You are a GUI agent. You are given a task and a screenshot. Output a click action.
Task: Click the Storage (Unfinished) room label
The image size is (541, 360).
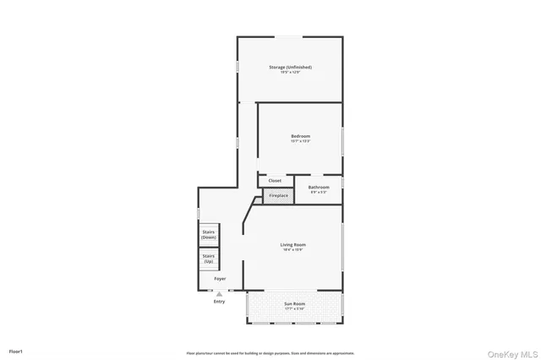tap(290, 67)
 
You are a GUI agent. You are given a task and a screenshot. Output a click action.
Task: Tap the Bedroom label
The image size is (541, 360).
tap(301, 136)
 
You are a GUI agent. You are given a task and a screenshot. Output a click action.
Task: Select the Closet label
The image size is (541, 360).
tap(275, 181)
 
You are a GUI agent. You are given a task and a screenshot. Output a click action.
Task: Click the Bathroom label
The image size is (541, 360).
tap(319, 187)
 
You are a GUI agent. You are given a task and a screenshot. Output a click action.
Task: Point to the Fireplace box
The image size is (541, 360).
tap(278, 196)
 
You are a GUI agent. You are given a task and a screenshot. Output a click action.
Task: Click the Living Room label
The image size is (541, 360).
tap(293, 245)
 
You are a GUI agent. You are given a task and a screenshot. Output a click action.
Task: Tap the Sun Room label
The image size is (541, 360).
tap(293, 303)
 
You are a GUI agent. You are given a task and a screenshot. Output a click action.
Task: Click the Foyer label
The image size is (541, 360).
tap(220, 278)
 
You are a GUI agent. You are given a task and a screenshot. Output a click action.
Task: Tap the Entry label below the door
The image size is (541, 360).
tap(219, 301)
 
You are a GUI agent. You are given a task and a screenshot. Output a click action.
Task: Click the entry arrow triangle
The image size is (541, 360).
tap(219, 293)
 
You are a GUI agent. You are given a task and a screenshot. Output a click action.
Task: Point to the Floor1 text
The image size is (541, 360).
tap(15, 351)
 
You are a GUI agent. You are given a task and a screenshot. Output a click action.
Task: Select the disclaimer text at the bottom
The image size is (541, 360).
tap(270, 353)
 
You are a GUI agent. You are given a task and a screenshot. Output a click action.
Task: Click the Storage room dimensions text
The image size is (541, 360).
tap(290, 72)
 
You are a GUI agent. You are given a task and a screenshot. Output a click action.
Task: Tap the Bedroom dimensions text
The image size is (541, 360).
tap(301, 141)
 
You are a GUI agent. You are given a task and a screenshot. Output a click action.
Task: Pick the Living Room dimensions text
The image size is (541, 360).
tap(293, 250)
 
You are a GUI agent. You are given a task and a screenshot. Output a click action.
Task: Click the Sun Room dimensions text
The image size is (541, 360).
tap(293, 308)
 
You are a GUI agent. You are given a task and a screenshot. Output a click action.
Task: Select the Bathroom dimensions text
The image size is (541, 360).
tap(319, 192)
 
